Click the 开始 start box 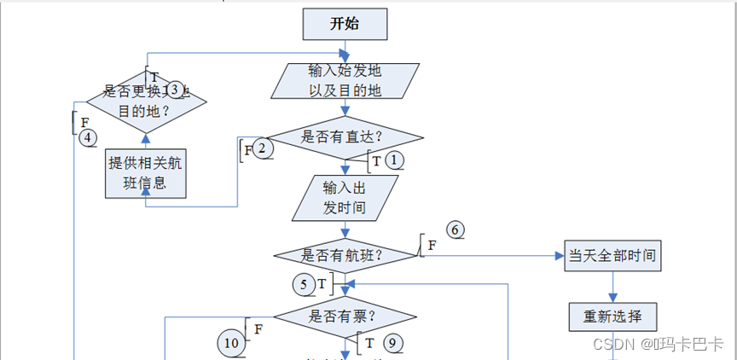tap(345, 24)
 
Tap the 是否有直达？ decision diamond tap(345, 136)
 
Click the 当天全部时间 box tap(612, 255)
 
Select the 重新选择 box tap(612, 316)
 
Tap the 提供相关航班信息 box tap(145, 174)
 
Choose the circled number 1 tap(393, 160)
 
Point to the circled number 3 tap(175, 90)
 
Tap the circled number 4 tap(87, 137)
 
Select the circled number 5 tap(303, 283)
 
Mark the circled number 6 tap(456, 229)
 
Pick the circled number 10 tap(232, 343)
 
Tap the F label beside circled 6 tap(432, 245)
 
